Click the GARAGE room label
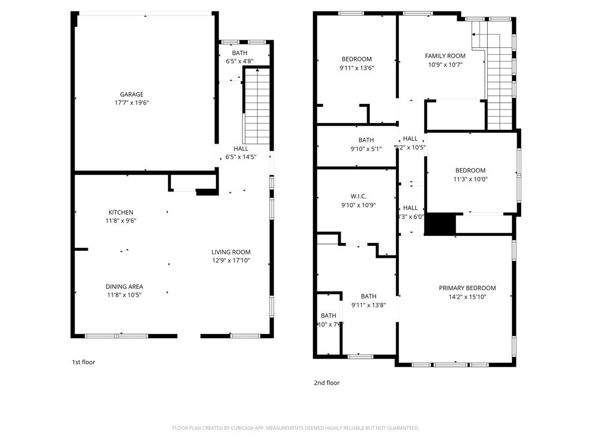tap(132, 95)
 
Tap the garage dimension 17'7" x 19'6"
tap(132, 103)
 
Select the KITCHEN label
tap(121, 212)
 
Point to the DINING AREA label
tap(124, 287)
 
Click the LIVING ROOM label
tap(231, 252)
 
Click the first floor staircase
tap(257, 107)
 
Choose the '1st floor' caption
tap(83, 362)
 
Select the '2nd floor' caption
tap(327, 382)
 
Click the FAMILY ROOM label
tap(445, 56)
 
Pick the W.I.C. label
tap(358, 196)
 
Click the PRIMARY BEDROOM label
tap(467, 288)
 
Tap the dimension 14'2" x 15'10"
tap(467, 297)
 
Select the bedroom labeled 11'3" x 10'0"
tap(470, 174)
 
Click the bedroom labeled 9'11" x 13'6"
tap(357, 63)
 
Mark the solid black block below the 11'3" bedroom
tap(440, 224)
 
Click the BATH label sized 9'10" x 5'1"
tap(366, 140)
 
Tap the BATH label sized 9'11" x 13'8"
tap(368, 296)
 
